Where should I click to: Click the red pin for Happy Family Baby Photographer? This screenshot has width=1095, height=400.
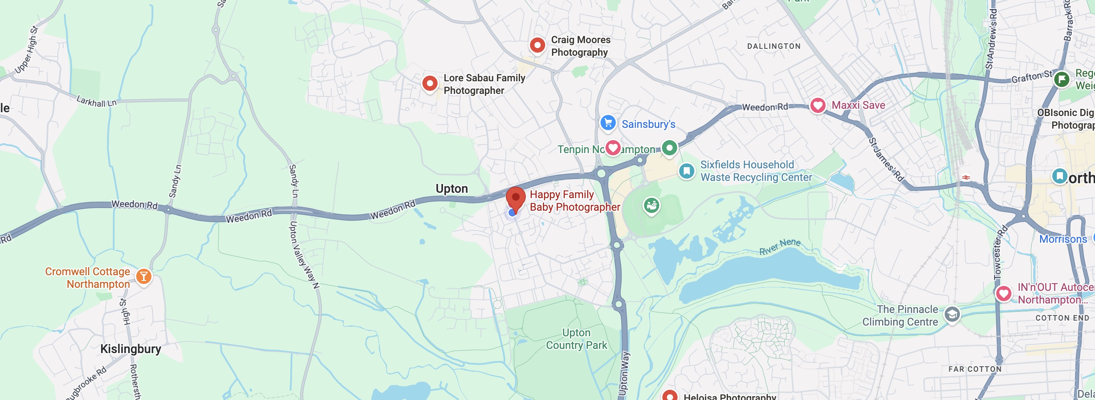click(515, 198)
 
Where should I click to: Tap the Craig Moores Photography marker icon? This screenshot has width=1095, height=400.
click(537, 45)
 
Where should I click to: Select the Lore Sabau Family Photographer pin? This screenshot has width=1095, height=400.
click(430, 83)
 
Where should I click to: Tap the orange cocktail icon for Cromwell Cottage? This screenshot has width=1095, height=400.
click(144, 277)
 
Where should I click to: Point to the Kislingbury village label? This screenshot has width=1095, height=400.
click(130, 349)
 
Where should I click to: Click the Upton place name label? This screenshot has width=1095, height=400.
click(451, 189)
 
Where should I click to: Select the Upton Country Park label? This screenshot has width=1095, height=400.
click(576, 339)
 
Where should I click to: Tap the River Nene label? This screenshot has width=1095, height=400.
click(779, 246)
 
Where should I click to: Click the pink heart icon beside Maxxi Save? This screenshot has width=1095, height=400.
click(817, 105)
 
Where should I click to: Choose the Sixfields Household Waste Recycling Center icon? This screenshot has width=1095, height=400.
click(686, 171)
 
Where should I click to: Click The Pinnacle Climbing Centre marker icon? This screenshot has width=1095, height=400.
click(952, 315)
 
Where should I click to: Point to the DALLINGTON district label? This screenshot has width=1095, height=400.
click(774, 46)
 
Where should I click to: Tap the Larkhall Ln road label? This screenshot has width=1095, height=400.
click(97, 101)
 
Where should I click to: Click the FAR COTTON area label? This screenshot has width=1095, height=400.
click(975, 369)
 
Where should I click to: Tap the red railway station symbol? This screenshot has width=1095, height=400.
click(966, 177)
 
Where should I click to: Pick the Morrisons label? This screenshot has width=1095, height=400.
click(1063, 239)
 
